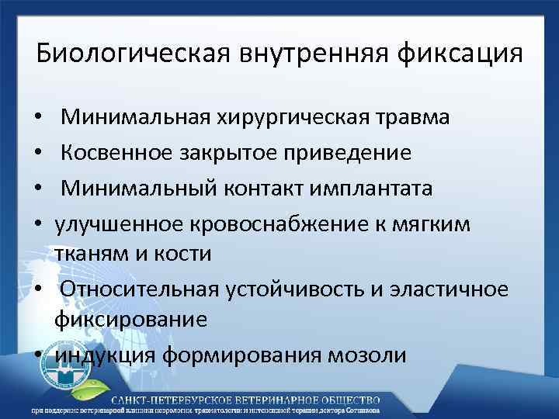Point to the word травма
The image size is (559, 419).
coord(410,119)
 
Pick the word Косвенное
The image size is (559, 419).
coord(121,153)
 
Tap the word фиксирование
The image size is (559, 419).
coord(130,320)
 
